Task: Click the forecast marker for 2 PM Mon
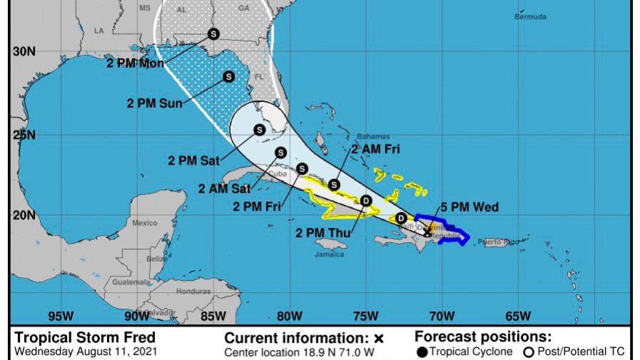[x=213, y=33]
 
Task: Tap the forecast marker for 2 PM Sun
[x=229, y=76]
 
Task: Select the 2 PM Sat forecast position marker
[x=259, y=129]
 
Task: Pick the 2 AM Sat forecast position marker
[x=281, y=152]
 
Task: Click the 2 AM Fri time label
[x=375, y=149]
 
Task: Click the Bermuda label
[x=530, y=17]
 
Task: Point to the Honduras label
[x=194, y=291]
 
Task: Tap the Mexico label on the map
[x=144, y=223]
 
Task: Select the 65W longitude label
[x=517, y=316]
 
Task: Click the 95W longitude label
[x=60, y=316]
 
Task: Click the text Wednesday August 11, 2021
[x=78, y=351]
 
